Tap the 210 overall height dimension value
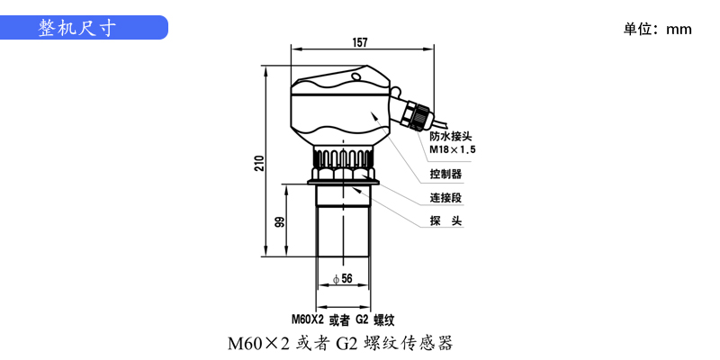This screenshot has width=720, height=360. pos(259,162)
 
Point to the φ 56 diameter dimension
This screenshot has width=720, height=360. pos(342,279)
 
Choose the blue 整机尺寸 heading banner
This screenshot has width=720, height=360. pos(85,28)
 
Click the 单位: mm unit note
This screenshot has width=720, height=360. pos(657,29)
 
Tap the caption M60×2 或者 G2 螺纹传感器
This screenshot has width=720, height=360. pos(339,343)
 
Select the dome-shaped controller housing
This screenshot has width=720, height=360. pos(340,108)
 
